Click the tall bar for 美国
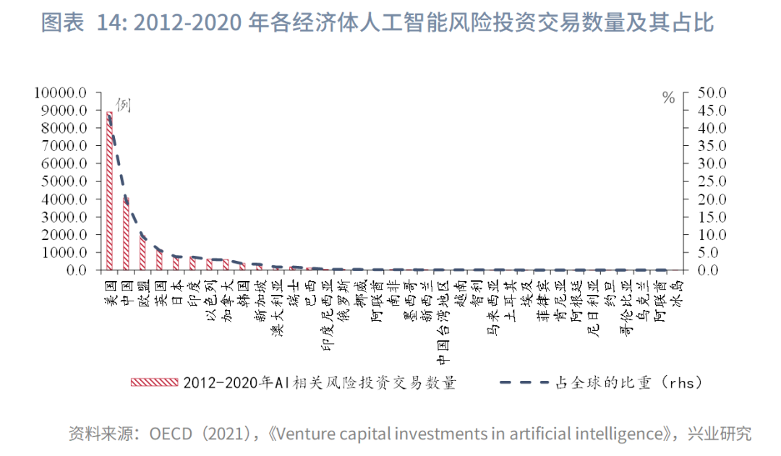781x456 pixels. (x=110, y=192)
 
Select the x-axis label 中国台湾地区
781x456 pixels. (x=443, y=319)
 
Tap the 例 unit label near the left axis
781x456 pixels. (x=123, y=105)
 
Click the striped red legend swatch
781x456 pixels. (x=153, y=382)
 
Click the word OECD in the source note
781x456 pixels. (x=171, y=434)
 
